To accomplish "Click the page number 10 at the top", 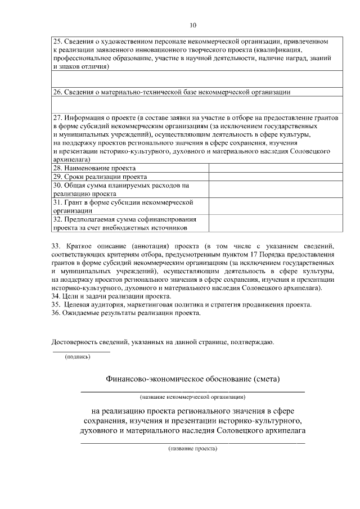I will (193, 25).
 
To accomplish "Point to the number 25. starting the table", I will (57, 42).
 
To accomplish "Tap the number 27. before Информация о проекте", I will (57, 119).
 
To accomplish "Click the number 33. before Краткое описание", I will (56, 246).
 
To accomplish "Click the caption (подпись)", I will (78, 357).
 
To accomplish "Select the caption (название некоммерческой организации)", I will (193, 397).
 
